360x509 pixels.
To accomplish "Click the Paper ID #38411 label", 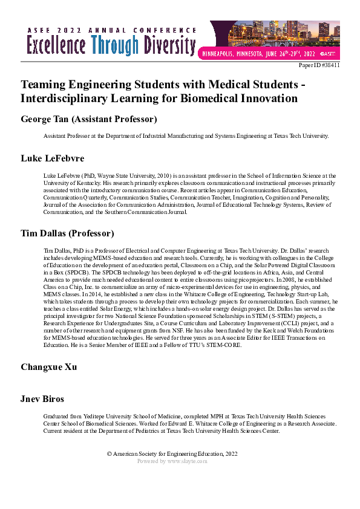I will point(320,65).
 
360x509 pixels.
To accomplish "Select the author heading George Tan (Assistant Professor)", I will point(89,119).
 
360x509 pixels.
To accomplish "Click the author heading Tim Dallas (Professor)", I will point(67,233).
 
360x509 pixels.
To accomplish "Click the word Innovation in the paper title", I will point(269,98).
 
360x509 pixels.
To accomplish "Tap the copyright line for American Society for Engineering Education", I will point(172,454).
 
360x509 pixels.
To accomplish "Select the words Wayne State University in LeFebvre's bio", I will point(119,174).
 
